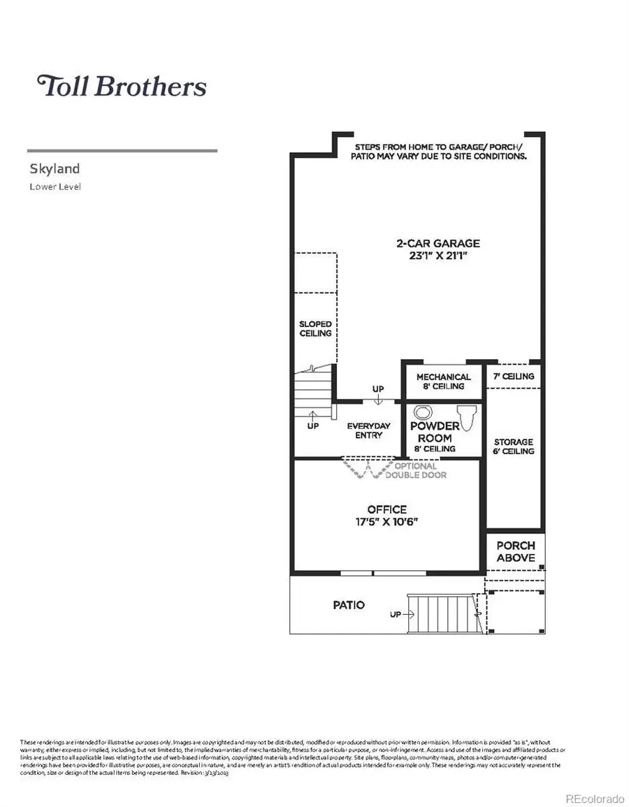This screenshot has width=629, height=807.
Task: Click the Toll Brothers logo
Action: coord(122,86)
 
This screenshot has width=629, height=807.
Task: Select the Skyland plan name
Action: coord(55,168)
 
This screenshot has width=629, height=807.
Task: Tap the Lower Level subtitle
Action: coord(55,187)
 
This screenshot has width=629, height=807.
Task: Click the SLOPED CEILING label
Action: coord(315,328)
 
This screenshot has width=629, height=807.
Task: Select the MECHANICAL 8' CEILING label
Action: coord(444,381)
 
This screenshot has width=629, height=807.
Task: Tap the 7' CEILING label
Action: coord(514,377)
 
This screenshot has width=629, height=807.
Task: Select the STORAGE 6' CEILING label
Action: coord(514,446)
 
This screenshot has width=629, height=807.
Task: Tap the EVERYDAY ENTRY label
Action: coord(368,430)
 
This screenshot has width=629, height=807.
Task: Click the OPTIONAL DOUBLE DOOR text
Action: coord(416,470)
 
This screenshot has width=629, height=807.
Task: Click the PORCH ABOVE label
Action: coord(516,551)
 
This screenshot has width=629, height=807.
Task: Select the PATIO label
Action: coord(348,604)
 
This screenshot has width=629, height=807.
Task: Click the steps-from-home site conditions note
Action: coord(438,152)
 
